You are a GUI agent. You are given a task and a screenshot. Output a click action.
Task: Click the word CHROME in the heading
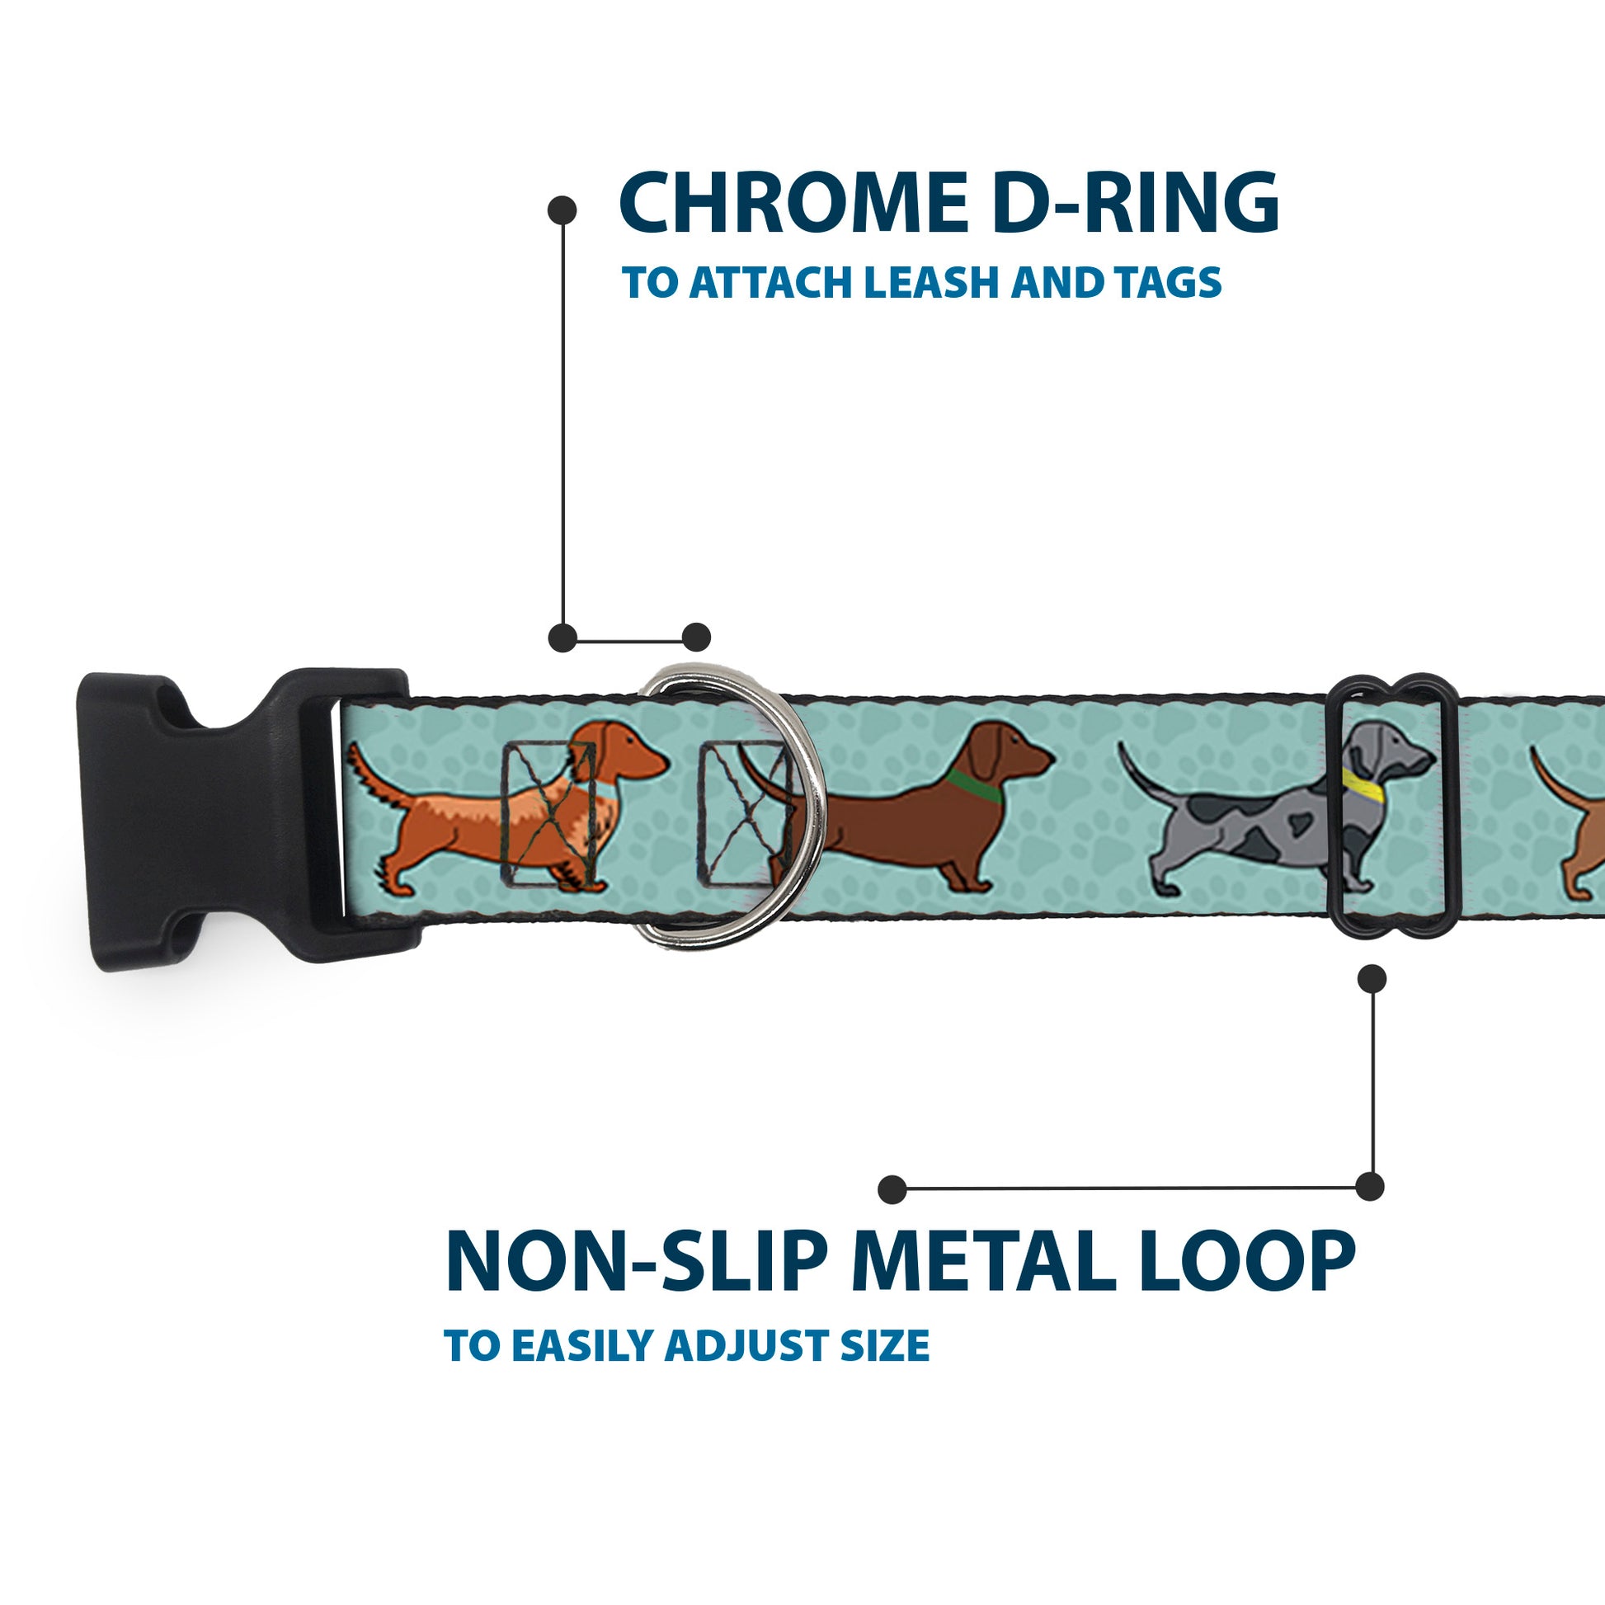[793, 204]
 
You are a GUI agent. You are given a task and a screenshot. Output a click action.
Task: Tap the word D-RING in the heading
[1135, 204]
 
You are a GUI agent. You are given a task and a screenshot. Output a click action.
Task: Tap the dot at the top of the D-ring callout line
[562, 210]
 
